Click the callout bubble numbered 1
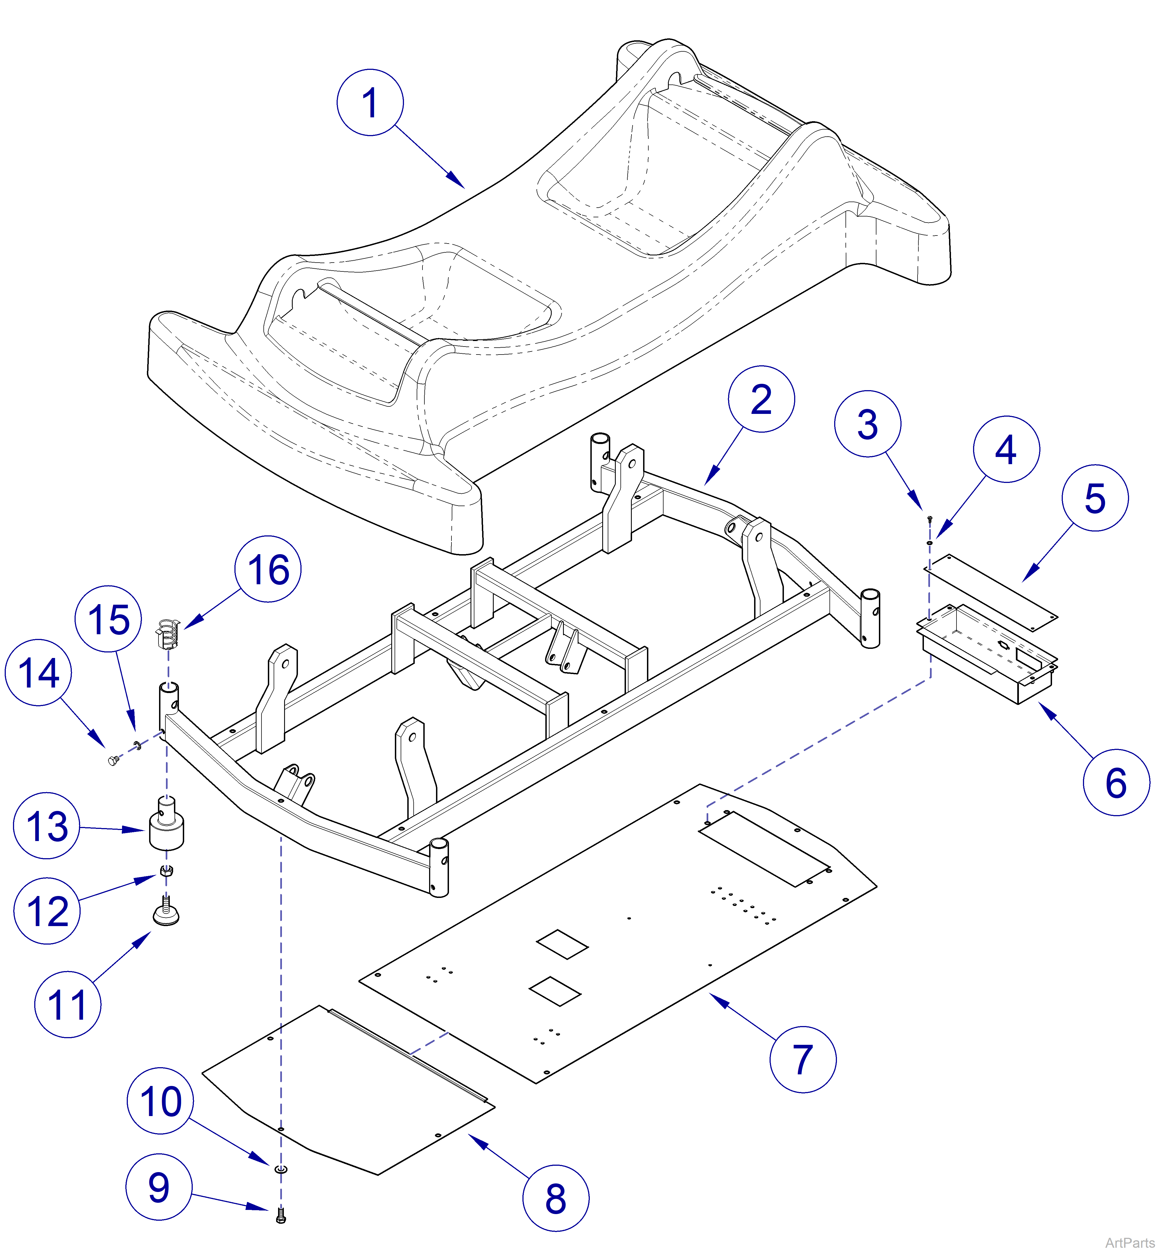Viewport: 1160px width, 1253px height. (x=370, y=102)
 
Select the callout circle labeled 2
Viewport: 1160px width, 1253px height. (x=761, y=399)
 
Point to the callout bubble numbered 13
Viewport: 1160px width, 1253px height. (x=46, y=826)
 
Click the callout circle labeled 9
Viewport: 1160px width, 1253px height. (x=159, y=1187)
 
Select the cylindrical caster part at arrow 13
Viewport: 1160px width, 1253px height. (x=166, y=829)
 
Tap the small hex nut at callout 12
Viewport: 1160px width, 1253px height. (x=166, y=871)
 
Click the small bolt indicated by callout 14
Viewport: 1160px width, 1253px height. (x=113, y=761)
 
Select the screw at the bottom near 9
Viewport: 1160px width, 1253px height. (x=281, y=1217)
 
